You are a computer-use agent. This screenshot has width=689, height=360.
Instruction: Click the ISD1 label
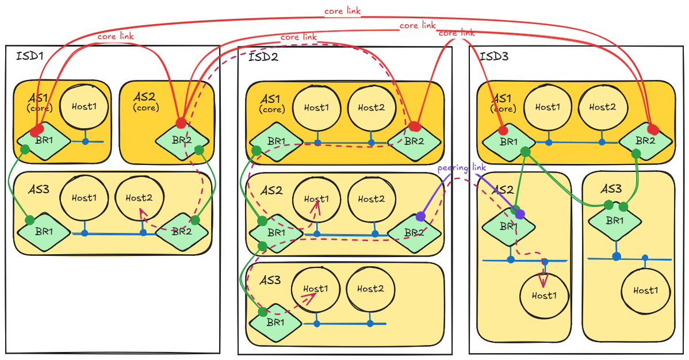pos(30,56)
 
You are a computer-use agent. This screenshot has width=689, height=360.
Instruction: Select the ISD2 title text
pos(263,57)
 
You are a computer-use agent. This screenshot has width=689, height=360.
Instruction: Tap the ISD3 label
pos(494,56)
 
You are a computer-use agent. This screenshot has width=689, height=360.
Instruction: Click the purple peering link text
pos(461,168)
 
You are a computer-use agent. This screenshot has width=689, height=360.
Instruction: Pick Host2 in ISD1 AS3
pos(139,198)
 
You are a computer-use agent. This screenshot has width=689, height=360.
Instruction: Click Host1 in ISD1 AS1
pos(84,106)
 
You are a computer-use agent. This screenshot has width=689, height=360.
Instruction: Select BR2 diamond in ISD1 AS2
pos(182,141)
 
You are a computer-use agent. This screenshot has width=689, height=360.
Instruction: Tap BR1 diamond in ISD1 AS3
pos(44,232)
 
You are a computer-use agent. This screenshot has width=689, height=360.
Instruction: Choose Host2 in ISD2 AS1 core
pos(372,108)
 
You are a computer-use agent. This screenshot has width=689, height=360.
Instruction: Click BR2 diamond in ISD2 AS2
pos(414,233)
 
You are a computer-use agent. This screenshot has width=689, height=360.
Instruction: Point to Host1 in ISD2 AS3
pos(316,289)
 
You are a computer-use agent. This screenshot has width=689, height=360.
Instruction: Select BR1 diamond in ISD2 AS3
pos(275,323)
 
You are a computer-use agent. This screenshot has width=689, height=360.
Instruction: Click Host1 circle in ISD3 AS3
pos(645,290)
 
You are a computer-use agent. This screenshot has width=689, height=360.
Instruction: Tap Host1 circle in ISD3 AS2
pos(544,296)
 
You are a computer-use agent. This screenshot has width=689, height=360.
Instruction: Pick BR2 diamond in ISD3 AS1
pos(645,141)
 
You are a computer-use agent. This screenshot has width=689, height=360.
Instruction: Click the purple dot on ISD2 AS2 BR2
pos(421,216)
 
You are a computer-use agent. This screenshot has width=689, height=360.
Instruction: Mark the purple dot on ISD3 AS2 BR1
pos(520,214)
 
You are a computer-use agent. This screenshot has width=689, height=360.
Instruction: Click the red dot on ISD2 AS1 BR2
pos(414,127)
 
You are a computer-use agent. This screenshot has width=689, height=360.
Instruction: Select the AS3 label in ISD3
pos(611,189)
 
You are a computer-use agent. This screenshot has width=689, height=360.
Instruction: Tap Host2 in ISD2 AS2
pos(372,198)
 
